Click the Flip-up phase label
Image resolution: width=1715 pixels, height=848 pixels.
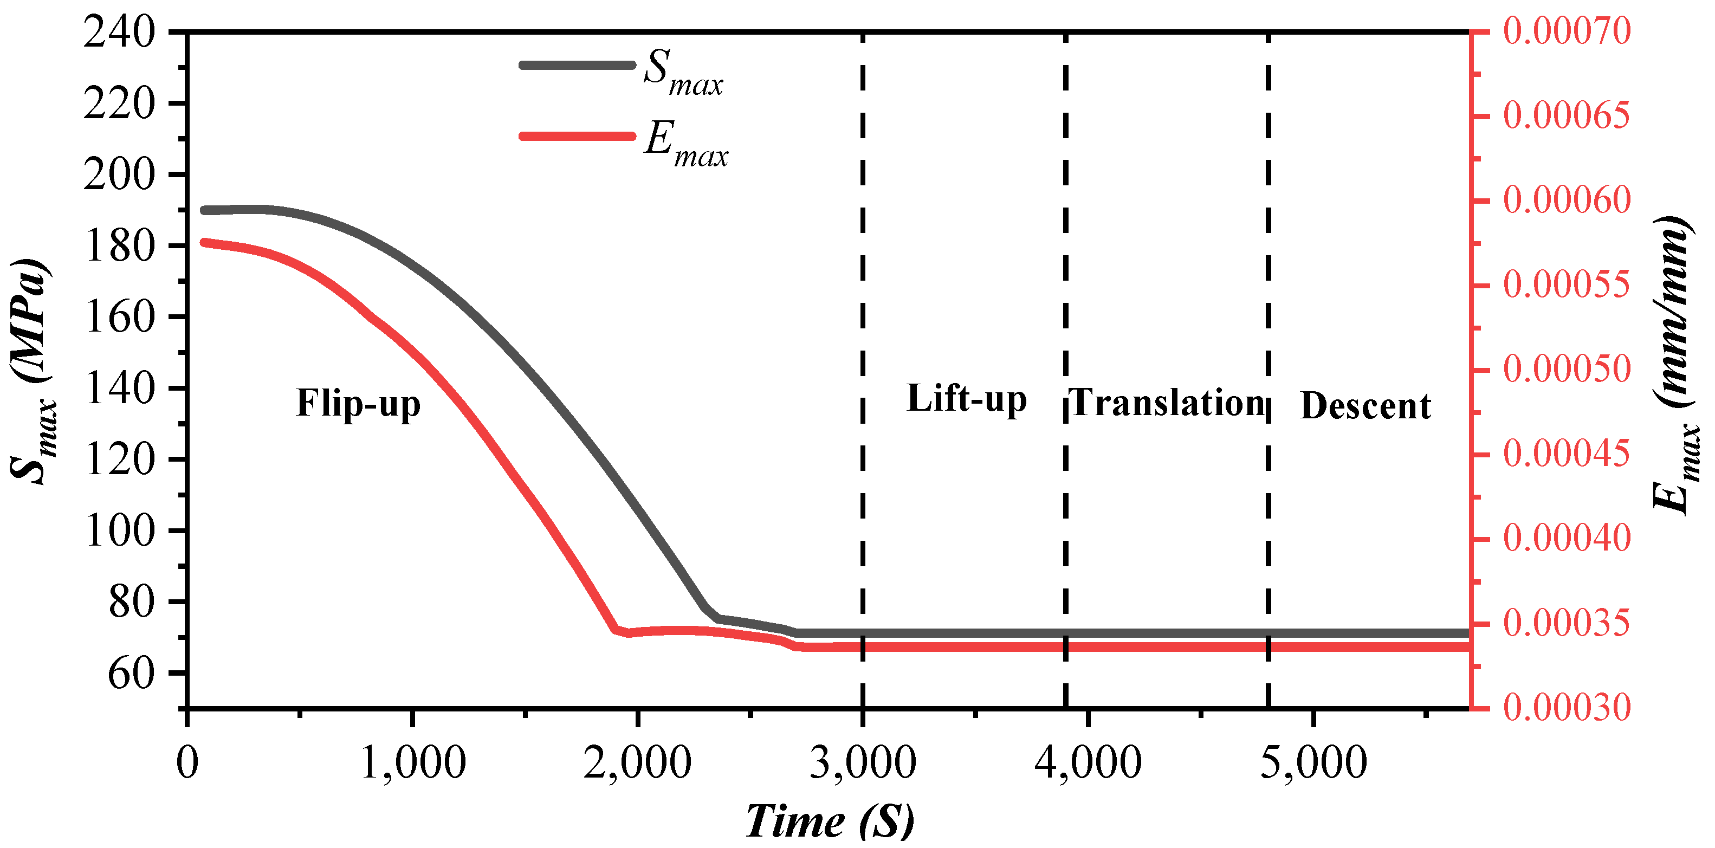point(358,403)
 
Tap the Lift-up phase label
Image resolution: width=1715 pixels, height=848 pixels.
point(967,399)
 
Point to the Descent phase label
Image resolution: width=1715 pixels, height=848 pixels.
point(1365,405)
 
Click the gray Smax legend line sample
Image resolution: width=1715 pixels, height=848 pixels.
point(577,65)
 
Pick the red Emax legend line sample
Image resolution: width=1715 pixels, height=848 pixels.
point(577,137)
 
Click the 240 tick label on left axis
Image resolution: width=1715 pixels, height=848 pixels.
point(119,32)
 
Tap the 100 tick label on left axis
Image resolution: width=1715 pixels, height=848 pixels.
point(120,530)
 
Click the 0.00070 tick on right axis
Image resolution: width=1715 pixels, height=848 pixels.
point(1567,31)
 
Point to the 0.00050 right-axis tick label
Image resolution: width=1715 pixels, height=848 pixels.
point(1567,370)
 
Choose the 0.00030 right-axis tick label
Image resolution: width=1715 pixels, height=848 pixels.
point(1567,707)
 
